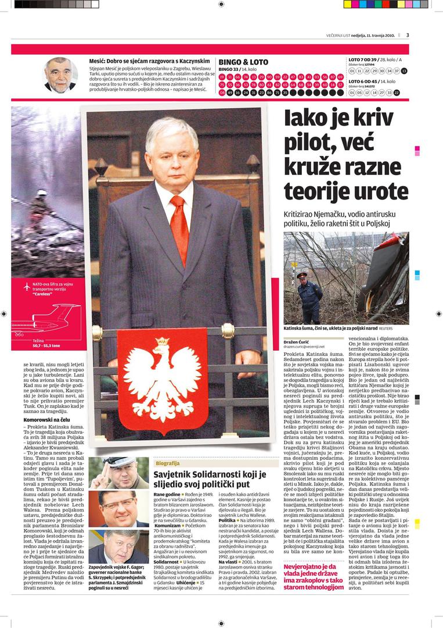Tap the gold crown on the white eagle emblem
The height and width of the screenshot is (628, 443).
click(163, 341)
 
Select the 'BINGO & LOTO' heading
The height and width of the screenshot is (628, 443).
click(243, 62)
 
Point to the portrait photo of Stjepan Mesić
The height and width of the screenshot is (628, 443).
click(60, 75)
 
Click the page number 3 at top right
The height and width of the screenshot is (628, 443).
click(408, 35)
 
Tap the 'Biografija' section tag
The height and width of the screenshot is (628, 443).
click(167, 463)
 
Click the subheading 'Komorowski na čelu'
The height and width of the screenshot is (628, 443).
click(48, 419)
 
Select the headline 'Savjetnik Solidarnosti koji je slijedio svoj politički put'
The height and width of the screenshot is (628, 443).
click(209, 479)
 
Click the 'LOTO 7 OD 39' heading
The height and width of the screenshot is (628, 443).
click(366, 59)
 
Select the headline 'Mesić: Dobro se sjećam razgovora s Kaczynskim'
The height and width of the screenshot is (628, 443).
click(149, 60)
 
